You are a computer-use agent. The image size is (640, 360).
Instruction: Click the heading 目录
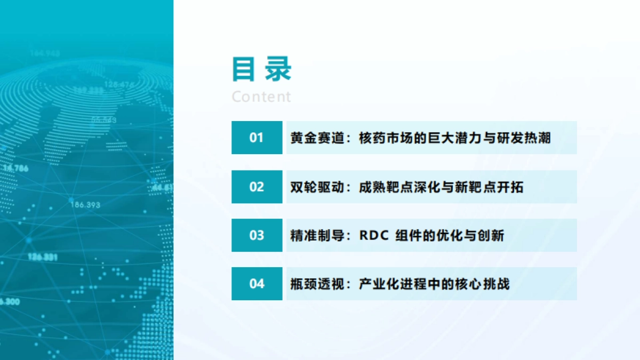click(262, 69)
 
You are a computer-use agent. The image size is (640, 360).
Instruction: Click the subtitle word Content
click(261, 97)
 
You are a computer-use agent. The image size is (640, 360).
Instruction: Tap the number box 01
click(257, 138)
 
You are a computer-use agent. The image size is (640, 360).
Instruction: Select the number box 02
click(257, 187)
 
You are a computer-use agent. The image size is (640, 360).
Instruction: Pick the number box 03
click(257, 235)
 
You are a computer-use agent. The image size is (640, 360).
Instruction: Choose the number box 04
click(257, 284)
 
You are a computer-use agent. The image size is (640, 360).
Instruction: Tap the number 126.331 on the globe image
click(42, 257)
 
